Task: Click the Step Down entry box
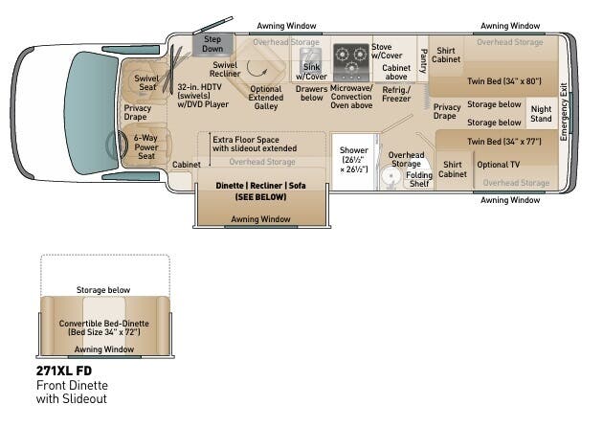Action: [x=212, y=44]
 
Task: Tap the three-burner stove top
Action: [x=351, y=62]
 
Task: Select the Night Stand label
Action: [x=541, y=114]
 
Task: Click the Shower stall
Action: [x=354, y=161]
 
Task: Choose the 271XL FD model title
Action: [x=64, y=371]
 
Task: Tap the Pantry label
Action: [x=423, y=60]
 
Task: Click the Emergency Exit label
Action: [x=564, y=112]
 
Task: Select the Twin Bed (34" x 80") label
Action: [x=504, y=81]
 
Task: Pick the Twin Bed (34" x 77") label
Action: [x=504, y=142]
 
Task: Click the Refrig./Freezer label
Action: [x=396, y=94]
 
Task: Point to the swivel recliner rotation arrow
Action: [x=257, y=70]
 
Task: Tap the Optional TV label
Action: [x=499, y=165]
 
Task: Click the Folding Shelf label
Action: [x=419, y=179]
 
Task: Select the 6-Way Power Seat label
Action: [x=146, y=146]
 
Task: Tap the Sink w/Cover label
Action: [x=311, y=72]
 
